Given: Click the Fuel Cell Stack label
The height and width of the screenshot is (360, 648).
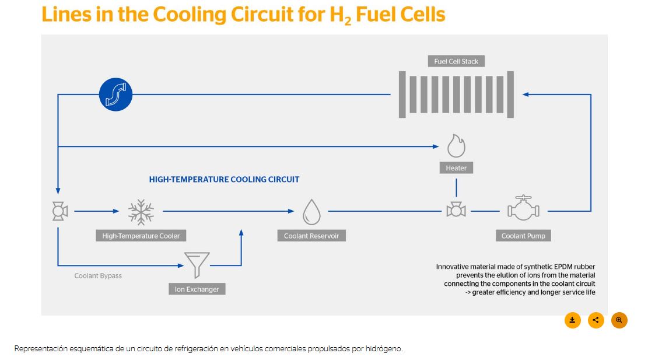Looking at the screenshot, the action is coord(456,61).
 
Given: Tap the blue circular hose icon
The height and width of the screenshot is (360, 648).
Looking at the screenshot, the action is coord(115,95).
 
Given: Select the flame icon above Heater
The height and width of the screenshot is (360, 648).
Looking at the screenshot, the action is coord(456,145).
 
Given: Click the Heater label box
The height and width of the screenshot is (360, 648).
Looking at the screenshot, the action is coord(456,168).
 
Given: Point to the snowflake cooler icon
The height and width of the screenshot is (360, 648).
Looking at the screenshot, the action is coord(141,212).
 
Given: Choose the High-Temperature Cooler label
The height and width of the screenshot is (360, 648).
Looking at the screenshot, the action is coord(141,236).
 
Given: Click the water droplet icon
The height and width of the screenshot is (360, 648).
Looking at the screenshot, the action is coord(311,212).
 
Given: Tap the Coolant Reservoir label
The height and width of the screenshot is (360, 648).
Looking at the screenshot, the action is coord(311,236).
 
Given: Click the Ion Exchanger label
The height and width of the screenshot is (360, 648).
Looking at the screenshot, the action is coord(197,289).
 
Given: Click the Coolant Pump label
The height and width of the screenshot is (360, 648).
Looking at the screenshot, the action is coord(524,236).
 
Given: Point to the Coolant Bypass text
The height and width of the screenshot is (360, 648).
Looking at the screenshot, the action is coord(98,275).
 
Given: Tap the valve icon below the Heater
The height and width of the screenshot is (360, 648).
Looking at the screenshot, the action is coord(456,210).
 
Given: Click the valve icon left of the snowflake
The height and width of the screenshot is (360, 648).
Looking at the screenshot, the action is coord(60,211).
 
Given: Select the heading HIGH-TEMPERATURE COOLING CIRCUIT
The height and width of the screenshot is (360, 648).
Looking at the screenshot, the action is coord(224,179).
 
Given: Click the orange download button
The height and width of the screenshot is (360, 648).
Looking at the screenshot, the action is coord(572,320).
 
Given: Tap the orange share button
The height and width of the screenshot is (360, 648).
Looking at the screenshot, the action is coord(596,320).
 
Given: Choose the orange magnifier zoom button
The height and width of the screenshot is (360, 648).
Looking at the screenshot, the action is coord(619,320).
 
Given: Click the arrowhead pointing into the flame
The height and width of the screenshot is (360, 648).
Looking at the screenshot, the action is coord(436,146).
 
